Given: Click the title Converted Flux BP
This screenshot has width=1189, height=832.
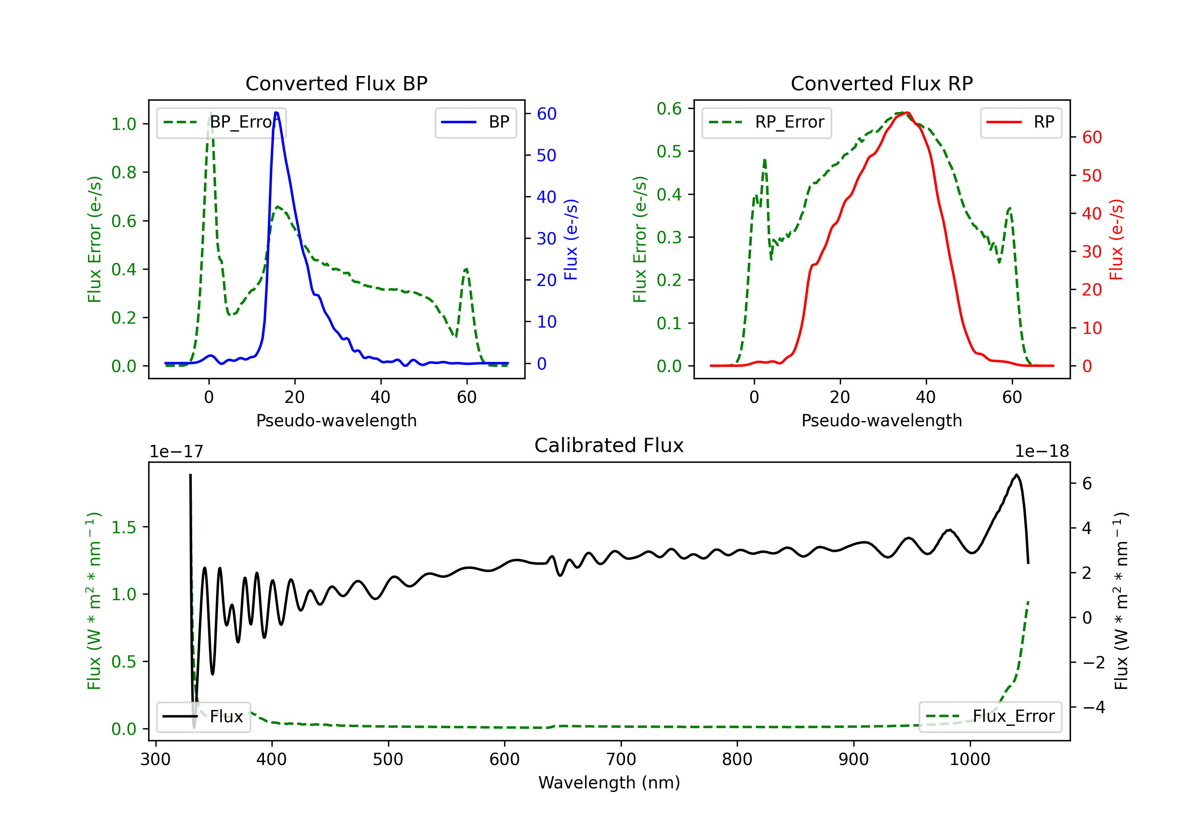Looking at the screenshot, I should click(x=336, y=83).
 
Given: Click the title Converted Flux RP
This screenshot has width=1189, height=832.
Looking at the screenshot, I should click(x=881, y=83).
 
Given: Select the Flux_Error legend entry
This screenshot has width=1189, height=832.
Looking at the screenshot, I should click(x=990, y=717).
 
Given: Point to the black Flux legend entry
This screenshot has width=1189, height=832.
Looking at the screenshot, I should click(x=204, y=717).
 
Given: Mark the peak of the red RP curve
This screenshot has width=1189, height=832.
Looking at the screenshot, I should click(x=907, y=113).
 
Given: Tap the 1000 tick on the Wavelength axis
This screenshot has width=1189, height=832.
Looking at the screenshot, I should click(x=969, y=759).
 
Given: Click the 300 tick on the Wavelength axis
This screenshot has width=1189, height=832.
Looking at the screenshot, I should click(x=155, y=759).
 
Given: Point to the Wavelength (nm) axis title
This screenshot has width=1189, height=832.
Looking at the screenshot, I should click(x=609, y=782).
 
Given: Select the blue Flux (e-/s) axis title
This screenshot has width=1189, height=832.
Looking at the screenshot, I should click(x=571, y=239).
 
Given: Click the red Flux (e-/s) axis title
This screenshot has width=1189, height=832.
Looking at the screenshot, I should click(x=1116, y=239).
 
